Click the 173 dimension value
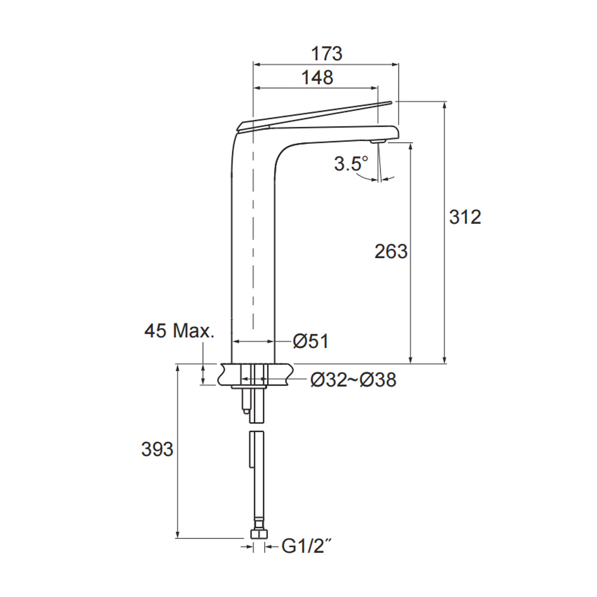click(327, 53)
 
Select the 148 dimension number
click(317, 78)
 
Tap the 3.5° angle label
click(351, 163)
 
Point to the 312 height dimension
click(465, 217)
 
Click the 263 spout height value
click(391, 252)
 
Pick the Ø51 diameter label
click(310, 341)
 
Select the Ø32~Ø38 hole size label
click(353, 380)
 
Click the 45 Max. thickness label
click(180, 331)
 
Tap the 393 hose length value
click(157, 449)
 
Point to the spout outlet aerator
click(379, 142)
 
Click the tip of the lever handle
click(389, 103)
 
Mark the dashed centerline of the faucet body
click(254, 224)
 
